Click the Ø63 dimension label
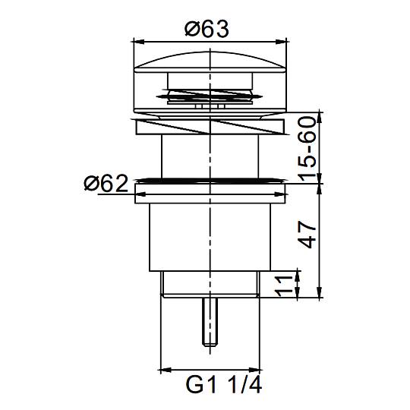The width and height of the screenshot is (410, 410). point(207,29)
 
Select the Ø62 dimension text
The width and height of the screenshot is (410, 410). point(106,183)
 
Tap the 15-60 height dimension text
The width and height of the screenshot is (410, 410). point(307,149)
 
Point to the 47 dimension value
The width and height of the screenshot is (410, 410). point(307,235)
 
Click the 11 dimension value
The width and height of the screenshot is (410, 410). point(285,286)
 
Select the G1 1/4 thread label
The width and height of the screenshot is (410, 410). point(223,385)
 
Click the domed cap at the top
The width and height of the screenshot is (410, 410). point(210,62)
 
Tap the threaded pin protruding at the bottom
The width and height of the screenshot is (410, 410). point(210,322)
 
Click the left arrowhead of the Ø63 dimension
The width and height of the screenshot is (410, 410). point(139,41)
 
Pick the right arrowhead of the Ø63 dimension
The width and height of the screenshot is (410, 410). point(281,41)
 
